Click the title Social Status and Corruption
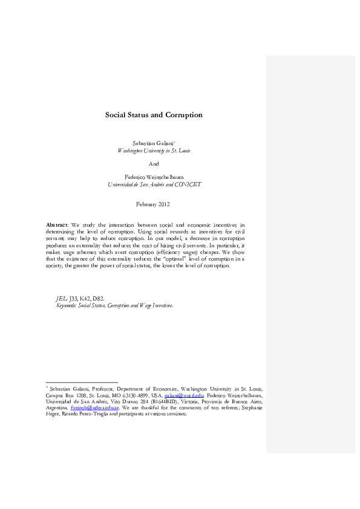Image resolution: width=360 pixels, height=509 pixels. tap(154, 115)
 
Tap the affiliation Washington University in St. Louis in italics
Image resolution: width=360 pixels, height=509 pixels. tap(154, 149)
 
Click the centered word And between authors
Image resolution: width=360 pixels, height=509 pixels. tap(154, 163)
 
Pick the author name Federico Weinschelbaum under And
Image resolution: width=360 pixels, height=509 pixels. tap(154, 177)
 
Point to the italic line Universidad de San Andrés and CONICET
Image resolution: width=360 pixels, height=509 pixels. tap(154, 184)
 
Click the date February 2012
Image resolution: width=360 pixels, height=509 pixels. tap(154, 205)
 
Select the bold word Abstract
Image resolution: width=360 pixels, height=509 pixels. tap(57, 224)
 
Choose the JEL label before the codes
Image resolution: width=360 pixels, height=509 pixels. tap(61, 298)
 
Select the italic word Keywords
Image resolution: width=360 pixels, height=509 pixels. tap(62, 305)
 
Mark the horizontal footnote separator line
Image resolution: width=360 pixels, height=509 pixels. tap(82, 382)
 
